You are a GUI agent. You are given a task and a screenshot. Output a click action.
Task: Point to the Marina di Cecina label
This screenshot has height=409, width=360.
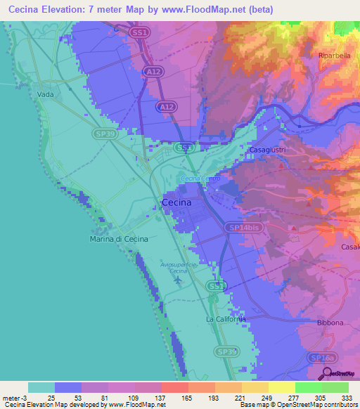119,240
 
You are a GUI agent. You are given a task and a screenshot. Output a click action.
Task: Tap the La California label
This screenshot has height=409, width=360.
226,319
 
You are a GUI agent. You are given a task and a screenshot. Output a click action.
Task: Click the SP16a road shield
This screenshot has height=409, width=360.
320,358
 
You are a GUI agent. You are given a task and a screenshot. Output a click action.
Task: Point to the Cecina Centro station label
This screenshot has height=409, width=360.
201,178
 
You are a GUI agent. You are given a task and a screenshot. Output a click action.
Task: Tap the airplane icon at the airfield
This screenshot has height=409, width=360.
178,280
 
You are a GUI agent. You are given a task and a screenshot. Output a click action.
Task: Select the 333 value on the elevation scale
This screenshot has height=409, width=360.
347,397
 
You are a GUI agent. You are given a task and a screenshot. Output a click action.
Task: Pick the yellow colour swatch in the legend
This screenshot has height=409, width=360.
281,387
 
